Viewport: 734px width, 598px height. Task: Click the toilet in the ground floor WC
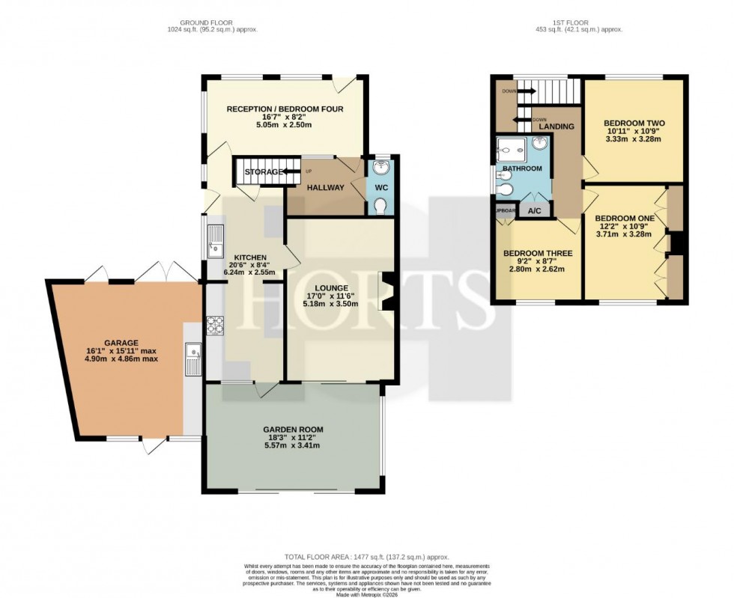[380, 204]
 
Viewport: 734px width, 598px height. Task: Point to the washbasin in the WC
[380, 168]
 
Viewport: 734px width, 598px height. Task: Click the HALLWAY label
[325, 187]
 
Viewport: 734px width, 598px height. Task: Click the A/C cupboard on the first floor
[535, 211]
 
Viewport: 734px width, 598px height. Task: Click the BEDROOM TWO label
[634, 123]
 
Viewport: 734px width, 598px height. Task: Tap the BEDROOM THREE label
[533, 252]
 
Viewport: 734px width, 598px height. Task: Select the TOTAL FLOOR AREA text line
[366, 556]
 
